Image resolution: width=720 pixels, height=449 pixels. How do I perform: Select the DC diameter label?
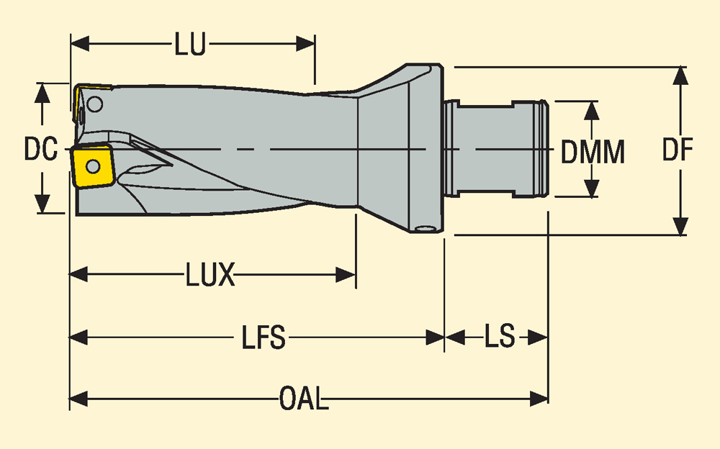[x=40, y=150]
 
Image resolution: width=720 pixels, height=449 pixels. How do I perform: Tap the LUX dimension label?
[x=210, y=276]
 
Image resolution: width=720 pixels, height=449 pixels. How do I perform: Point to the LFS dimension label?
[x=264, y=337]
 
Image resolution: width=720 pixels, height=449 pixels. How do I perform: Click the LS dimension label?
[x=499, y=337]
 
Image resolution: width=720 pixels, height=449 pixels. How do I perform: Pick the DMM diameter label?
[x=593, y=151]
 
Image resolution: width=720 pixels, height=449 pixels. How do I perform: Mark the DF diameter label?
[x=678, y=150]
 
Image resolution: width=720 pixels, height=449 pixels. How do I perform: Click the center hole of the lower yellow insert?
[x=92, y=167]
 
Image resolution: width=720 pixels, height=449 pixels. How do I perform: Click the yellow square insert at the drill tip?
[x=91, y=168]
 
